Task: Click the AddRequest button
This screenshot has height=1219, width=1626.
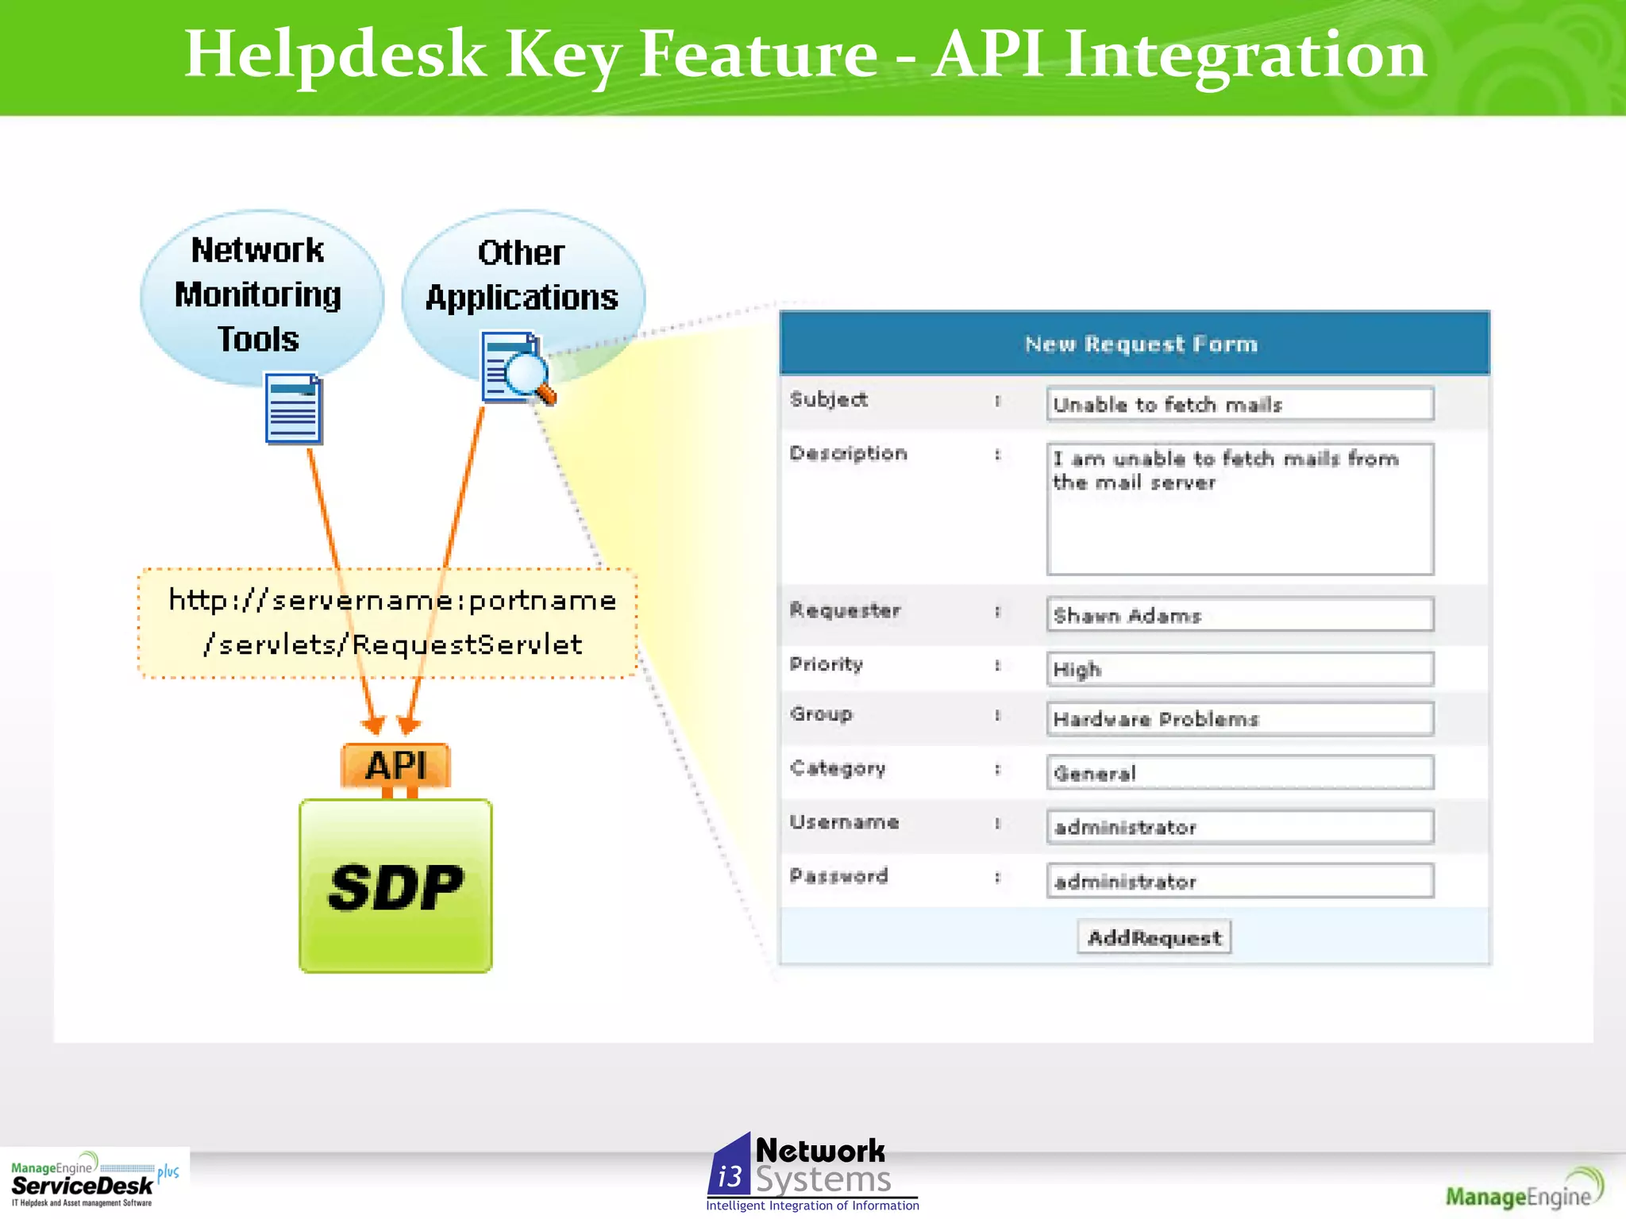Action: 1154,937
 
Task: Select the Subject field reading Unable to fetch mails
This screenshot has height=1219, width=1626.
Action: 1239,404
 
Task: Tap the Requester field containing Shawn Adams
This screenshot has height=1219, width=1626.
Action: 1239,615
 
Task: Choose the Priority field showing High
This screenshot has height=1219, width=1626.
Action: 1239,669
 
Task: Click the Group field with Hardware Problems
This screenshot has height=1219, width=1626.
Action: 1239,719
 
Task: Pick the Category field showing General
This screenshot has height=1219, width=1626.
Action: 1239,773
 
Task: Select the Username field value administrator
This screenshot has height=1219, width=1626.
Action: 1239,827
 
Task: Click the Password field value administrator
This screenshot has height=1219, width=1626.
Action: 1239,881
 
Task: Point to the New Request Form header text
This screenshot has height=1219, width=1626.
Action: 1141,344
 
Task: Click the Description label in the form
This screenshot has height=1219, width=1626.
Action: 848,453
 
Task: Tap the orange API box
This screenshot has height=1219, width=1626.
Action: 395,766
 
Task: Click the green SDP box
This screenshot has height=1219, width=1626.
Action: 395,886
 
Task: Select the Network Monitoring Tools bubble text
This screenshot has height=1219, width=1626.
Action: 258,294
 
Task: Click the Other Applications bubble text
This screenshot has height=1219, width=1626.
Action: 522,275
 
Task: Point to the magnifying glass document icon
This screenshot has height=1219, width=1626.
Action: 516,369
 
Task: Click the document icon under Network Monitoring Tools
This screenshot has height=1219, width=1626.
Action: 293,409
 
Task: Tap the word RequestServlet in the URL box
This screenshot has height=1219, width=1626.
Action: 467,644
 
